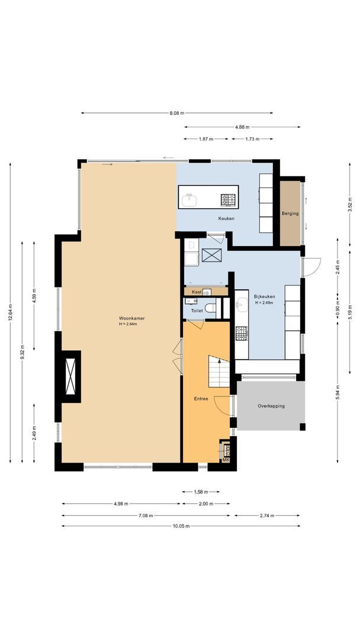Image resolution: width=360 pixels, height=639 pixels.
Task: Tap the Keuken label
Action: tap(226, 219)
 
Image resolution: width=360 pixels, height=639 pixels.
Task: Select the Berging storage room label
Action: tap(290, 213)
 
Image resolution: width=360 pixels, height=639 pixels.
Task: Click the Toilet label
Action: tap(197, 311)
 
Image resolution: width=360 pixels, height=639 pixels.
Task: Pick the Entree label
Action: tap(201, 399)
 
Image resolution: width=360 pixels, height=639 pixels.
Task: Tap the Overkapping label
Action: tap(271, 406)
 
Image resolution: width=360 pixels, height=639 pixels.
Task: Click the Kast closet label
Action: tap(197, 292)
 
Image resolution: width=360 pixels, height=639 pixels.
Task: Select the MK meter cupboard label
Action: tap(226, 460)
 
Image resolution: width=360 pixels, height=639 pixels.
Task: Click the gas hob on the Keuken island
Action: tap(229, 200)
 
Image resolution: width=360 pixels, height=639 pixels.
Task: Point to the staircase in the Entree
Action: tap(219, 371)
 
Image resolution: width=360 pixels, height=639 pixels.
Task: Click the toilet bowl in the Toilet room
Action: tap(210, 308)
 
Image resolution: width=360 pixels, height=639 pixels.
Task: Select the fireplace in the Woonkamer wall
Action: tap(70, 376)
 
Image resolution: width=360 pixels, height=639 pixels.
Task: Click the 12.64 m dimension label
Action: tap(10, 313)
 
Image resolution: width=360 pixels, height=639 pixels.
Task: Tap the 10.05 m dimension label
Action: tap(181, 526)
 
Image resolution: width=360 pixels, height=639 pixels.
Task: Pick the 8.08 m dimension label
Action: tap(177, 113)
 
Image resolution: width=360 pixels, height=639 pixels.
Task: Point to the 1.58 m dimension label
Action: tap(201, 492)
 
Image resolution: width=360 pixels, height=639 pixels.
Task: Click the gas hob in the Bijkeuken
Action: tap(242, 333)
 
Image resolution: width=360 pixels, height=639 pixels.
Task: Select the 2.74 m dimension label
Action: tap(267, 515)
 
